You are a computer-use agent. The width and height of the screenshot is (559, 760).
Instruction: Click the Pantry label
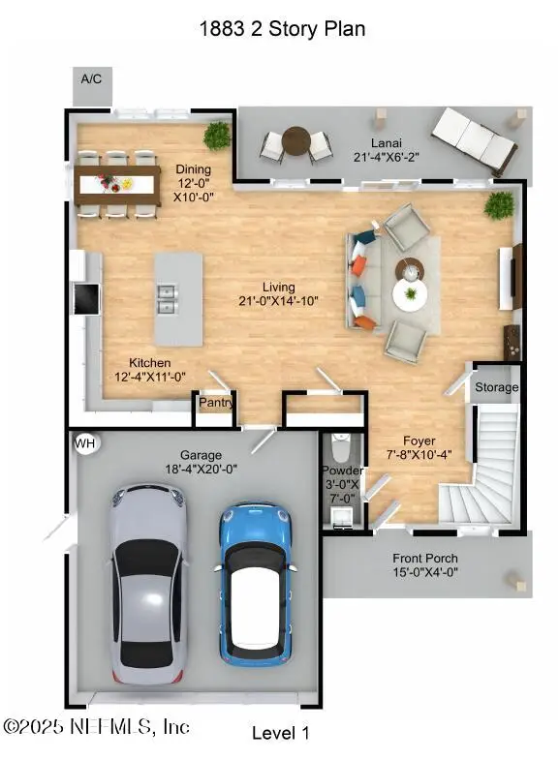(x=216, y=402)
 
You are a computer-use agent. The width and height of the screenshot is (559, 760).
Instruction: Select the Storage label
(x=496, y=387)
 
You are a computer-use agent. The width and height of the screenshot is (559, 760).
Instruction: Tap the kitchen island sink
(x=166, y=297)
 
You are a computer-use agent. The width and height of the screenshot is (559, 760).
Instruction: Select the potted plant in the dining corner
(x=217, y=135)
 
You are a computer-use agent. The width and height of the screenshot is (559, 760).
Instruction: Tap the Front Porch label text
(x=425, y=559)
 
